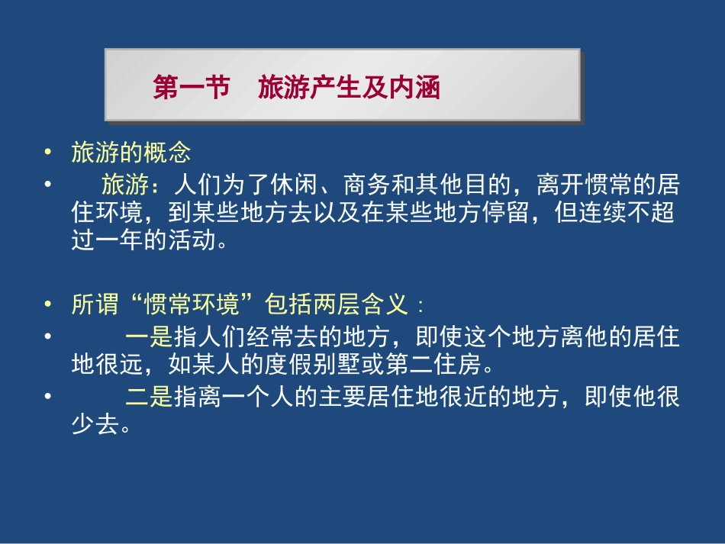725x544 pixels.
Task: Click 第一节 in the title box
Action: click(x=191, y=88)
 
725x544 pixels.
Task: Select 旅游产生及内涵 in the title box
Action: click(x=349, y=88)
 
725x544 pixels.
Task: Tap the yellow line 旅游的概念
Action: click(x=130, y=153)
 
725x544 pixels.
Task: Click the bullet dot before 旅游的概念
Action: click(x=48, y=153)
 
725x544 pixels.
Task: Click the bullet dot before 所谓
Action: click(x=48, y=306)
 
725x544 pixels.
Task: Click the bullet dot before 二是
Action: click(x=48, y=398)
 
